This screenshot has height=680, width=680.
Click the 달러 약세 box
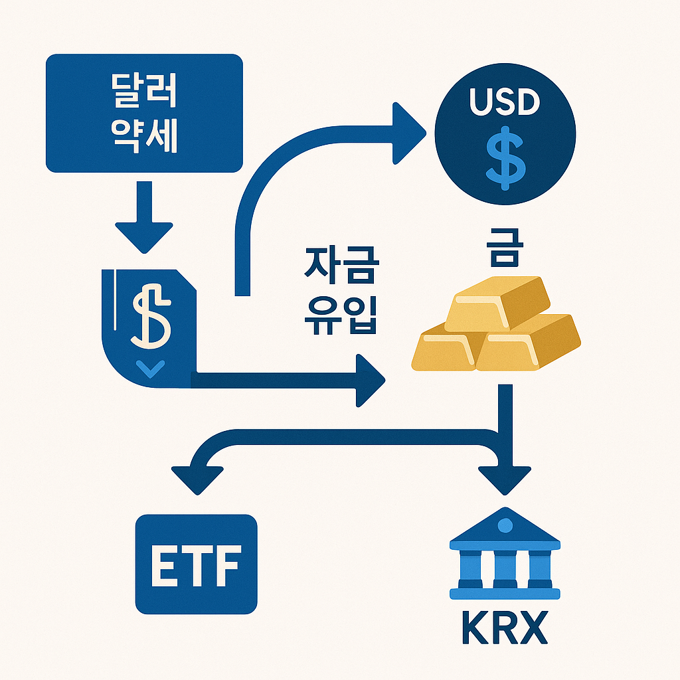click(x=144, y=112)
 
